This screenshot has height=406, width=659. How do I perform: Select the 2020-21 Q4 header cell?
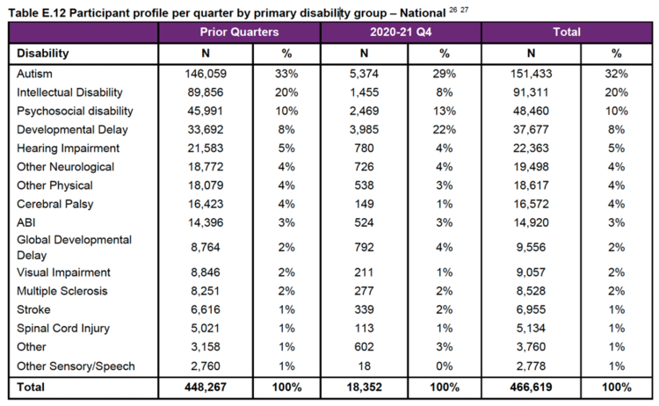tap(400, 32)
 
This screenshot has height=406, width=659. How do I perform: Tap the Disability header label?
tap(43, 53)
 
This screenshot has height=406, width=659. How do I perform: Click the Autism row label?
tap(34, 75)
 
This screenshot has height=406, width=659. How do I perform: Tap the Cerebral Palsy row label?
tap(50, 204)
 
